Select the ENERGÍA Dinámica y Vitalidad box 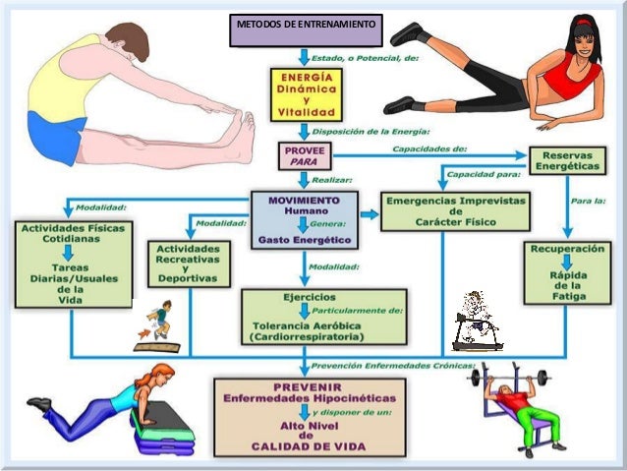306,94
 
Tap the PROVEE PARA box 304,156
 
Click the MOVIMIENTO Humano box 304,218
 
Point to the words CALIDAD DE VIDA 309,446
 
